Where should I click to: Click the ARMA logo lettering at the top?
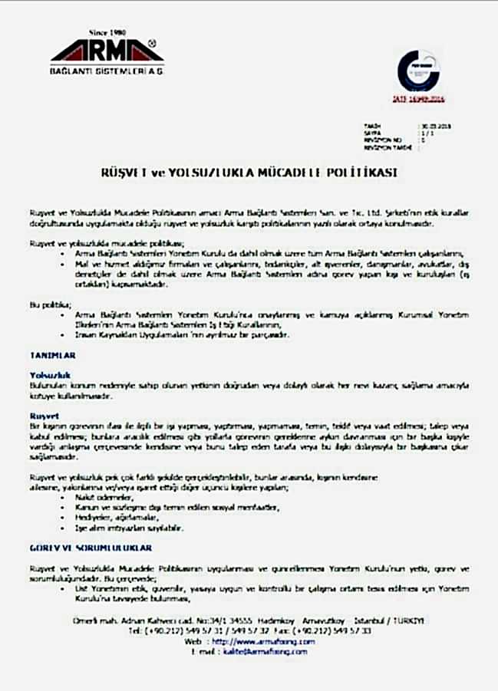pyautogui.click(x=107, y=53)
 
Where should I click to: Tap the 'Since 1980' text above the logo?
pyautogui.click(x=107, y=32)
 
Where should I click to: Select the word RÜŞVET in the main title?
pyautogui.click(x=123, y=173)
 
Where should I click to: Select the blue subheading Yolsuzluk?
pyautogui.click(x=45, y=373)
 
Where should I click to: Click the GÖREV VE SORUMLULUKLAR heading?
pyautogui.click(x=91, y=548)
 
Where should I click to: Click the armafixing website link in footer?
pyautogui.click(x=263, y=641)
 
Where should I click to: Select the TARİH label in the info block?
pyautogui.click(x=371, y=125)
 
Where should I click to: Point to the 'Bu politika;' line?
pyautogui.click(x=45, y=304)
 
